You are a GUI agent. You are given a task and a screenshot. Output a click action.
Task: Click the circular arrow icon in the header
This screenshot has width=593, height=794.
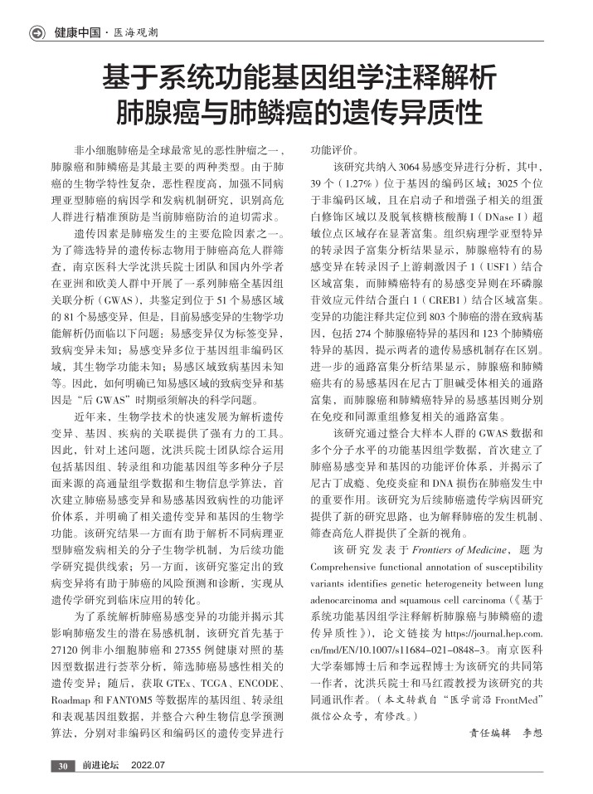37,33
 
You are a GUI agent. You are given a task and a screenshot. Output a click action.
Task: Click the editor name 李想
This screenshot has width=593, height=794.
532,733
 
